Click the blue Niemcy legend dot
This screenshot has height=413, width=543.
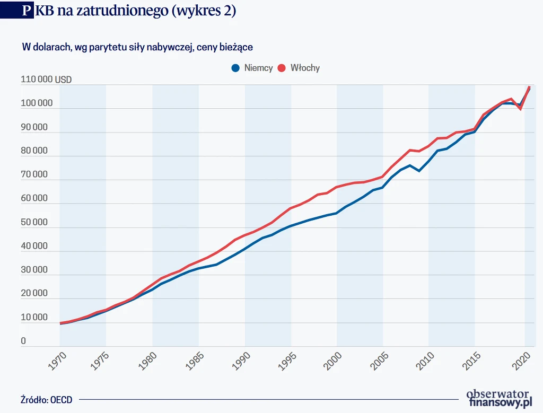click(x=235, y=68)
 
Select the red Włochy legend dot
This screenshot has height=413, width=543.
click(x=282, y=68)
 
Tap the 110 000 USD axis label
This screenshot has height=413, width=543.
click(x=46, y=80)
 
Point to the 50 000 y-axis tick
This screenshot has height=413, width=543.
click(x=34, y=223)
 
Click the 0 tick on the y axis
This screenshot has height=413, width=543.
click(x=23, y=341)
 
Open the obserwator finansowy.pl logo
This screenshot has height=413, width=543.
click(x=499, y=398)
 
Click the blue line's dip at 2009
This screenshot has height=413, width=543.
click(x=419, y=171)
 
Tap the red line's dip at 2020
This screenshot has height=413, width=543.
click(x=521, y=109)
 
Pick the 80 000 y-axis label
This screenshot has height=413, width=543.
click(x=34, y=151)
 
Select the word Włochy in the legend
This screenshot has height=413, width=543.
click(x=305, y=68)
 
